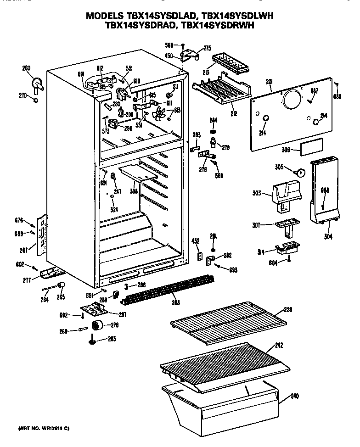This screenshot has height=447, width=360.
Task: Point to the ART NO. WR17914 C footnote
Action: (x=44, y=428)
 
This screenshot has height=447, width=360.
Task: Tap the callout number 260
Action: (x=26, y=68)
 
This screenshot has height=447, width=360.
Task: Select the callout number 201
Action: (x=269, y=82)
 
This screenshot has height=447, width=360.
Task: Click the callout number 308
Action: (x=133, y=190)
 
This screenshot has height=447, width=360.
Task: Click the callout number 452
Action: (x=195, y=240)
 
